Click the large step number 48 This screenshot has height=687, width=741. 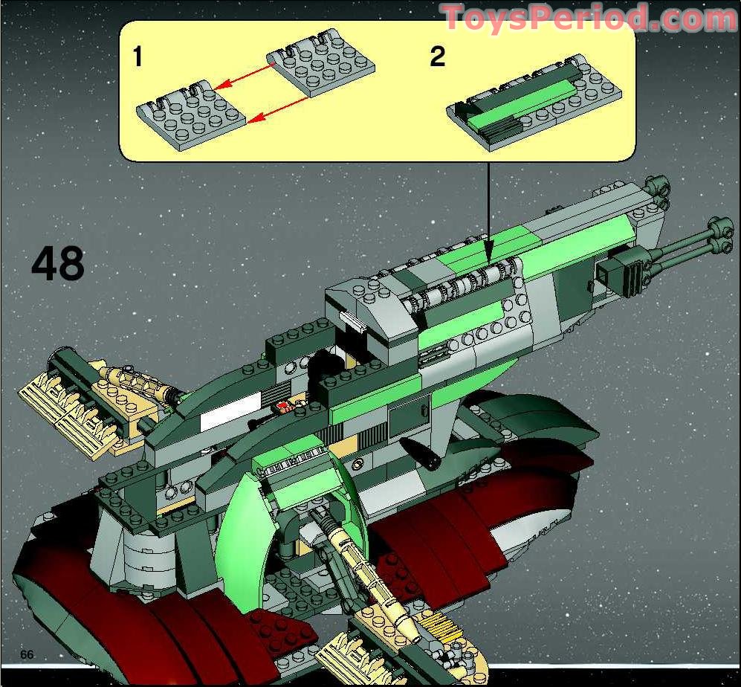click(57, 264)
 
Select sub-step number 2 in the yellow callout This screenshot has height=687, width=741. click(438, 57)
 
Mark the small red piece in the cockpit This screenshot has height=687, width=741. click(282, 406)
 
